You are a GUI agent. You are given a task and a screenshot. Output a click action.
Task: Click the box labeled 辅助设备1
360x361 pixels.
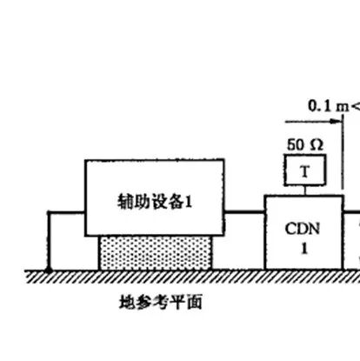[x=155, y=197]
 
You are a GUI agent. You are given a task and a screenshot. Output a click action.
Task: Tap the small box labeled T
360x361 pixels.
[x=305, y=170]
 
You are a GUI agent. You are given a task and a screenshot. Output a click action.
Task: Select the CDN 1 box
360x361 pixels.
[x=304, y=232]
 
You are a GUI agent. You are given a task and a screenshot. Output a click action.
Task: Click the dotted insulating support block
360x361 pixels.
[x=155, y=253]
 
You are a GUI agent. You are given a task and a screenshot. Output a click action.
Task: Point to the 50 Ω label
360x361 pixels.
[x=305, y=144]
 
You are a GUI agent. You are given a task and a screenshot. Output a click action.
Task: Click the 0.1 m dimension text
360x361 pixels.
[x=329, y=106]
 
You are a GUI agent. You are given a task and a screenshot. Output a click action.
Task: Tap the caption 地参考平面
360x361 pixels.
[x=161, y=302]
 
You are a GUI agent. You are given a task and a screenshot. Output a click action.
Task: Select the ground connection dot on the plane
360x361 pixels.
[x=49, y=271]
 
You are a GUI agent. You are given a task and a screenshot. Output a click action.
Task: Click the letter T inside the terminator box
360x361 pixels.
[x=304, y=171]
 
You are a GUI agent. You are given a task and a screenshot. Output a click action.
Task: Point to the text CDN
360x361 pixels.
[x=303, y=229]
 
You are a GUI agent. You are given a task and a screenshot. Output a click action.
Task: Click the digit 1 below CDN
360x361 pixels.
[x=304, y=248]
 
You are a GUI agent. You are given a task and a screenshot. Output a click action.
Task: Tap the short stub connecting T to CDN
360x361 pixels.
[x=304, y=191]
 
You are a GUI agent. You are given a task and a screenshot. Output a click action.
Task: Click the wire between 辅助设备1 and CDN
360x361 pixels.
[x=244, y=212]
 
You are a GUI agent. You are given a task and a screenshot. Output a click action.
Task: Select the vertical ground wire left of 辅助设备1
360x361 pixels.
[x=49, y=241]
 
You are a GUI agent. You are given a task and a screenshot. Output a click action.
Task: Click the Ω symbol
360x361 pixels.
[x=317, y=144]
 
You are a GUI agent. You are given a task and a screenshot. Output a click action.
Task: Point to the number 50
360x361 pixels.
[x=296, y=144]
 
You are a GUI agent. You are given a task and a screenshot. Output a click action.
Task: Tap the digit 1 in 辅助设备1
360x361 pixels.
[x=189, y=202]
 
